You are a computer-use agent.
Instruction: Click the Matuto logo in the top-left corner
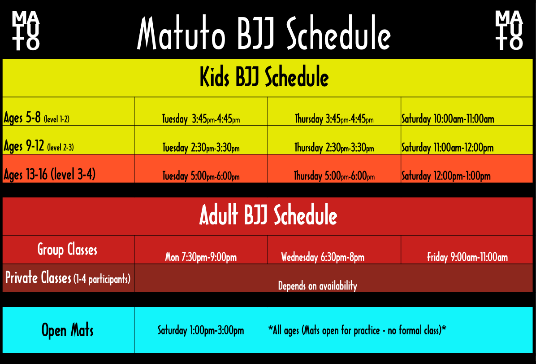coord(26,30)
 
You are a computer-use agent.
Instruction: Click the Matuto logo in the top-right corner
coord(509,30)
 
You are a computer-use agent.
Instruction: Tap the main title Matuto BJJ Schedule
coord(264,34)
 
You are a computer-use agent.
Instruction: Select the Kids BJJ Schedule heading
coord(264,77)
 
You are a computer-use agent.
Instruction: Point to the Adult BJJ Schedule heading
coord(268,215)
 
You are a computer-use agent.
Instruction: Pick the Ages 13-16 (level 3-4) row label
coord(49,175)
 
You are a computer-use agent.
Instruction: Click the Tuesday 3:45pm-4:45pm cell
coord(201,119)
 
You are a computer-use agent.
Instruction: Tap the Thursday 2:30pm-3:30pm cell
coord(334,148)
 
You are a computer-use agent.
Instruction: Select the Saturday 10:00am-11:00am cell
coord(447,119)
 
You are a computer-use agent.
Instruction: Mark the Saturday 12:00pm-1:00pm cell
coord(445,176)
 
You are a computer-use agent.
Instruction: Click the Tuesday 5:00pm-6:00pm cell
coord(201,176)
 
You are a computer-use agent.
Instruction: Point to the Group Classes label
coord(67,249)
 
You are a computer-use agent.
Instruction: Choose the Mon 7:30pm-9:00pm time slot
coord(201,258)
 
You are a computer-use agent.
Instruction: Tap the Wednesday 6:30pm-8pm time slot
coord(323,258)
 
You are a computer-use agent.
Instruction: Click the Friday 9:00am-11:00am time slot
coord(467,258)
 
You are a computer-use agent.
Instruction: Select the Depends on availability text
coord(317,286)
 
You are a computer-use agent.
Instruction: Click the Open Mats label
coord(68,330)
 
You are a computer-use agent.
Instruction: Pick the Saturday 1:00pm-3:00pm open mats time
coord(201,331)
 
